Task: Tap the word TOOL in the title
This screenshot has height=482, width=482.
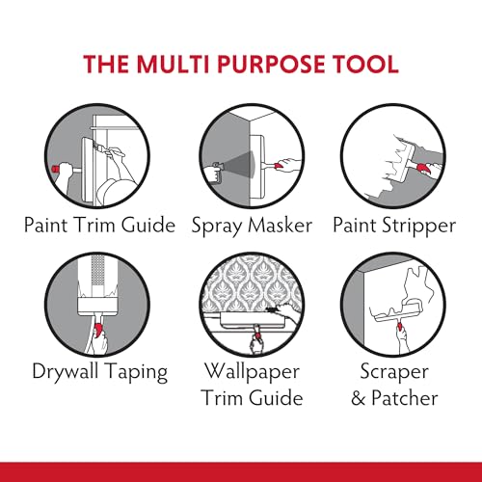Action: click(x=368, y=65)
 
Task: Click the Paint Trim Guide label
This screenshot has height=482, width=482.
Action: click(x=100, y=225)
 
